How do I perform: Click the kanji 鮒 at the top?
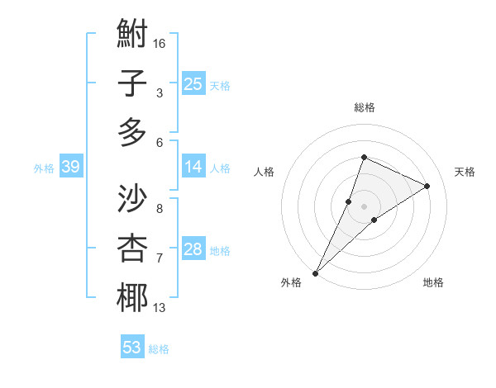pyautogui.click(x=132, y=35)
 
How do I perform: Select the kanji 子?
pyautogui.click(x=132, y=84)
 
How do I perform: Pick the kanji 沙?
pyautogui.click(x=132, y=200)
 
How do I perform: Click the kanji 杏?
pyautogui.click(x=132, y=248)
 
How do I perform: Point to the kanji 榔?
pyautogui.click(x=132, y=297)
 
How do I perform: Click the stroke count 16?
pyautogui.click(x=160, y=43)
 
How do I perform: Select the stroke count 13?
pyautogui.click(x=160, y=308)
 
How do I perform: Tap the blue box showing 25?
pyautogui.click(x=193, y=83)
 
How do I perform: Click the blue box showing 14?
pyautogui.click(x=193, y=167)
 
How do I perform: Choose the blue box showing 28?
pyautogui.click(x=193, y=249)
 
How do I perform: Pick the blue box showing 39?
pyautogui.click(x=70, y=167)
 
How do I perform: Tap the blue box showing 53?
pyautogui.click(x=132, y=347)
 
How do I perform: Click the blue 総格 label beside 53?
pyautogui.click(x=159, y=349)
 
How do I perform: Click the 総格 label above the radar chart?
pyautogui.click(x=364, y=107)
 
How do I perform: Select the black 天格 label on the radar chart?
pyautogui.click(x=465, y=172)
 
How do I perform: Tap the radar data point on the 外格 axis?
pyautogui.click(x=316, y=272)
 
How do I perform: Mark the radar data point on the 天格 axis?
pyautogui.click(x=427, y=186)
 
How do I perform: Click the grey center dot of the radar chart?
pyautogui.click(x=364, y=206)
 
